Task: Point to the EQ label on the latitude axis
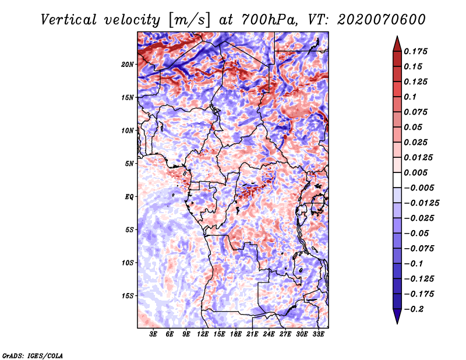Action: [129, 197]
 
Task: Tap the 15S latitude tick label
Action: [128, 296]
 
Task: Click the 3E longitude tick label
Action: [153, 334]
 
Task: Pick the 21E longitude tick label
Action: [253, 334]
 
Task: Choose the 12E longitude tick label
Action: [203, 334]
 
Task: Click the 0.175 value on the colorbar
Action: [416, 51]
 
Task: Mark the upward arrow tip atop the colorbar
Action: [397, 38]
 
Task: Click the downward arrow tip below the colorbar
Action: [397, 322]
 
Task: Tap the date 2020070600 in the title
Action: [372, 19]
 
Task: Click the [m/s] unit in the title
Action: [188, 19]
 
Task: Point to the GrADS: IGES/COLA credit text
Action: [32, 355]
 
